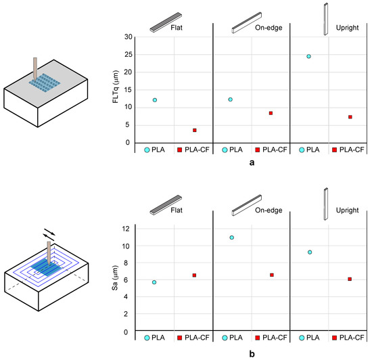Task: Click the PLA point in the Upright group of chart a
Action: [x=308, y=56]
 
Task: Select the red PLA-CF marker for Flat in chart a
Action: [x=194, y=130]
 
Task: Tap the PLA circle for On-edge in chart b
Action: [x=232, y=238]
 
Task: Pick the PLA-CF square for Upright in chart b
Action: [x=350, y=279]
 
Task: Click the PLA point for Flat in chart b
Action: [x=154, y=282]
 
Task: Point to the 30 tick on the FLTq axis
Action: [x=129, y=37]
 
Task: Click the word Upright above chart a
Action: [x=351, y=30]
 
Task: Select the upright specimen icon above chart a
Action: [x=325, y=15]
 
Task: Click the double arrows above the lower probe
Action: [x=50, y=231]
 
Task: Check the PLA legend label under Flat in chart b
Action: [x=160, y=338]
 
